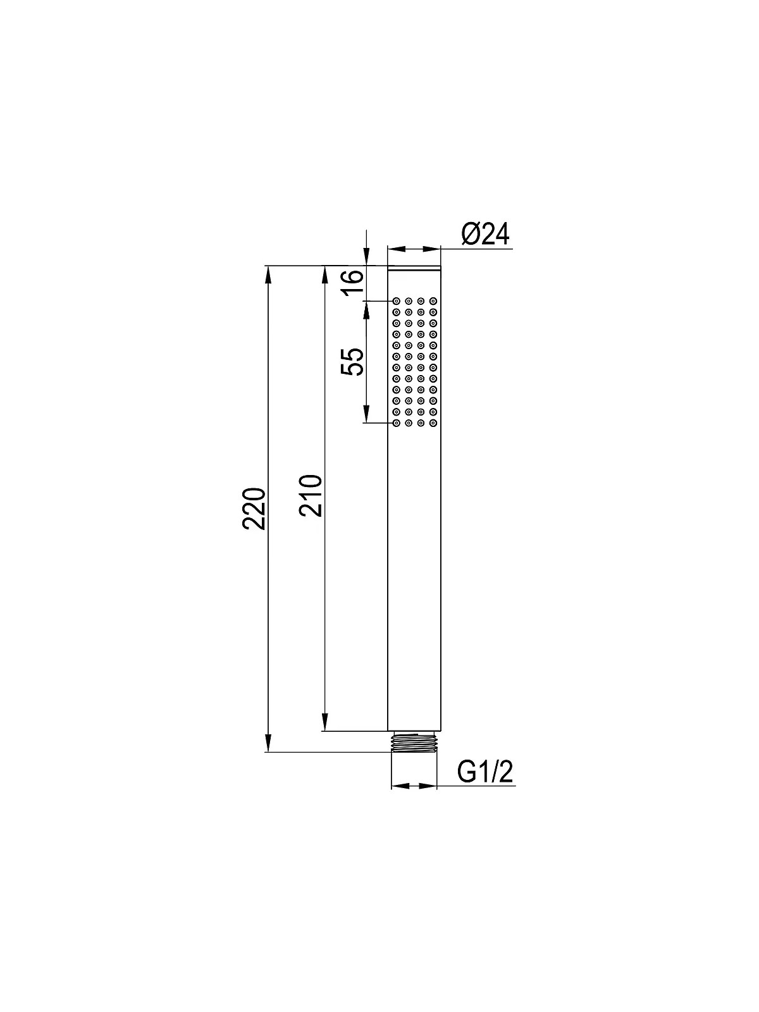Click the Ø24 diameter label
484,235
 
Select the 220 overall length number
254,509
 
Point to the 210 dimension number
310,495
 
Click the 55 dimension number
352,362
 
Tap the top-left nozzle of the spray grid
396,301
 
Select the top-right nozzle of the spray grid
433,301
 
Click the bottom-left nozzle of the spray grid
396,423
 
